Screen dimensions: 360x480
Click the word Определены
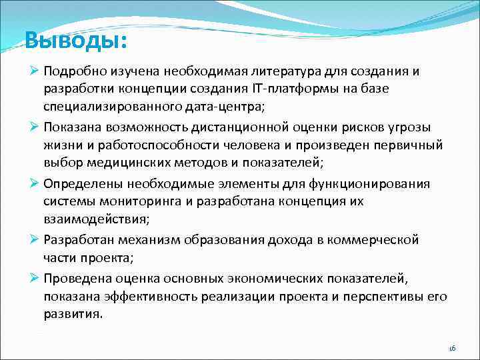coord(83,184)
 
